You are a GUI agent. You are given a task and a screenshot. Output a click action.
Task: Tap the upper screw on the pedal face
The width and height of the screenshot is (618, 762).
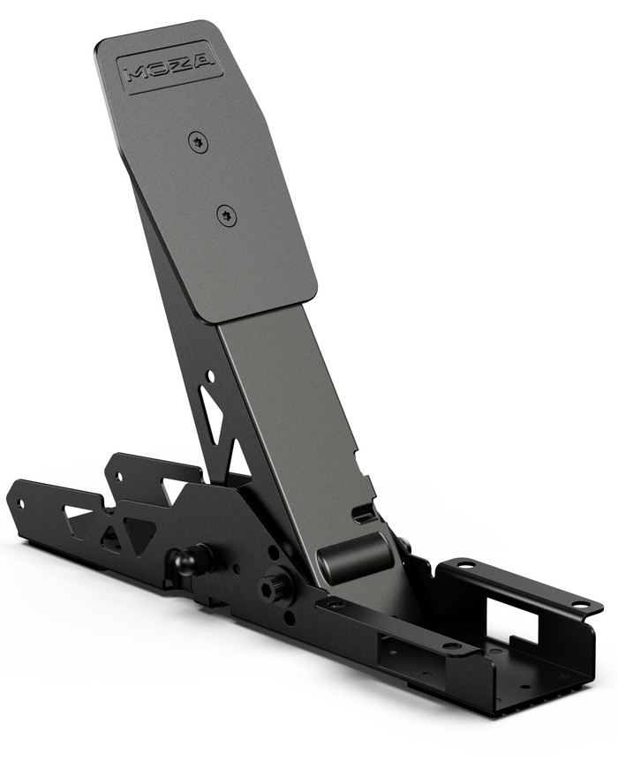point(199,141)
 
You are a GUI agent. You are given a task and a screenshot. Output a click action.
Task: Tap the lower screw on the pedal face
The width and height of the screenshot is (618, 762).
point(227,214)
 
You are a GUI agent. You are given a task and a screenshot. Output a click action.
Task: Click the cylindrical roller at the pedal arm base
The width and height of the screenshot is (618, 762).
point(355,557)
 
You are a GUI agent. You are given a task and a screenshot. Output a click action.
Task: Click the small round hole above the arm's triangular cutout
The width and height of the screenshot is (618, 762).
point(210,377)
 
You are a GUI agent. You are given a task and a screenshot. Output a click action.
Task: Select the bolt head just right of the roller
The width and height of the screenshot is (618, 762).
point(403,546)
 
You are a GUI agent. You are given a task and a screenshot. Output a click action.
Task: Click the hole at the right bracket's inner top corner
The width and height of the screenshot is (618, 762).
point(463,564)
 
